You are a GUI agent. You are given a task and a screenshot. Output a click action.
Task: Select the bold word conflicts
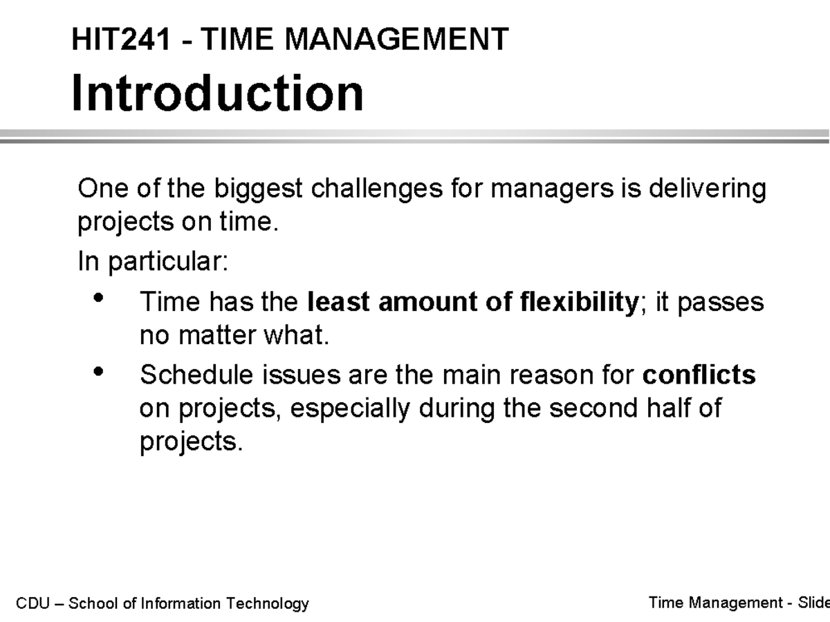[699, 375]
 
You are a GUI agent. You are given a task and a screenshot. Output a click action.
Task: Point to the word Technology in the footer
[275, 603]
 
